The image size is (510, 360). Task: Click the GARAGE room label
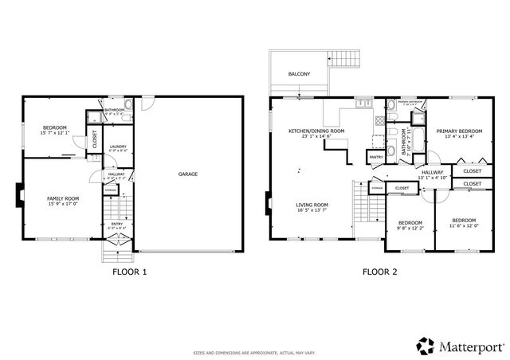[188, 174]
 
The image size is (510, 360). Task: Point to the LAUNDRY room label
[118, 147]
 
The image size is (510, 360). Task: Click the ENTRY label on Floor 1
[117, 224]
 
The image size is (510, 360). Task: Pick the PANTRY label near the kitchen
[376, 157]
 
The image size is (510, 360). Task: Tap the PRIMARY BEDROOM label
[459, 130]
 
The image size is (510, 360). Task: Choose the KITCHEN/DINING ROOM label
[316, 131]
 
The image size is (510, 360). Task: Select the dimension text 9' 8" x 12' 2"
[410, 229]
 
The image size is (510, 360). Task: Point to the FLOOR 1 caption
[130, 272]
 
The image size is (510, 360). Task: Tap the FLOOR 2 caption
[379, 272]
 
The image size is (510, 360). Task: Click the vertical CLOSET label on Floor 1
[94, 140]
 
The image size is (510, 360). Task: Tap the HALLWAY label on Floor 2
[432, 172]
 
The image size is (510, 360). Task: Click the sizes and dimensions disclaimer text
[254, 353]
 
